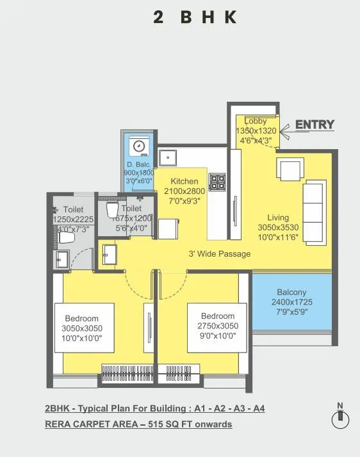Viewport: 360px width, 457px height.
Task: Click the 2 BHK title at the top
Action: (x=195, y=17)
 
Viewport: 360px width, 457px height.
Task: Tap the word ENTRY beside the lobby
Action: (x=315, y=124)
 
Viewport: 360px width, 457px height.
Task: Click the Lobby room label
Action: (x=256, y=121)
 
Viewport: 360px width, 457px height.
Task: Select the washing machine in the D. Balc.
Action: (x=139, y=146)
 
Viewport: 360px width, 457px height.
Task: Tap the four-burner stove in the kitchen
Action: (x=217, y=182)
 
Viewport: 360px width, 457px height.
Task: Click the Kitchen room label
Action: (x=183, y=182)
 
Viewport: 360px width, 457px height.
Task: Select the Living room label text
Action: (x=278, y=218)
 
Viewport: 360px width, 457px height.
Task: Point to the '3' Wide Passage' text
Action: (x=219, y=254)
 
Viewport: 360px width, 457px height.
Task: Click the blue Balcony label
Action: (x=291, y=293)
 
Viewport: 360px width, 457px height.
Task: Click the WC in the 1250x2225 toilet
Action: (x=66, y=238)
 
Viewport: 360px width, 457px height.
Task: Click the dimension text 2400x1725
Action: (x=291, y=303)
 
